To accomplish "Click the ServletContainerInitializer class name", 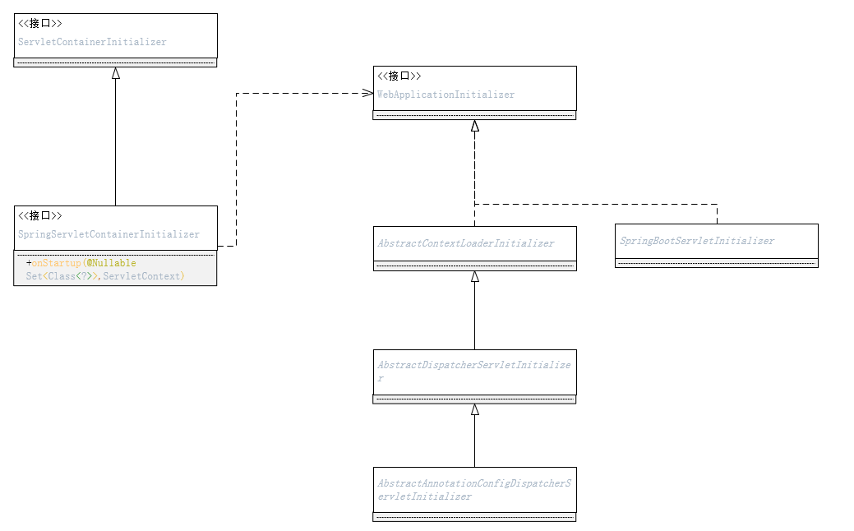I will pyautogui.click(x=92, y=42).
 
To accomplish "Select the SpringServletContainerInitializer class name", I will pyautogui.click(x=108, y=234).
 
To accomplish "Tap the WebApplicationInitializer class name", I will pyautogui.click(x=446, y=95).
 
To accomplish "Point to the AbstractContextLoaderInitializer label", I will pyautogui.click(x=465, y=243).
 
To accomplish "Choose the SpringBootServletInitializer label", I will pyautogui.click(x=697, y=241).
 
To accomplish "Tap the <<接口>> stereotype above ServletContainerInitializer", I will pyautogui.click(x=40, y=23).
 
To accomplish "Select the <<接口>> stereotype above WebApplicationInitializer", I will pyautogui.click(x=399, y=76).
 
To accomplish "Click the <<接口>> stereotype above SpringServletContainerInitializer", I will pyautogui.click(x=40, y=215).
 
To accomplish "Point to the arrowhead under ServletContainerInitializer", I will pyautogui.click(x=116, y=73).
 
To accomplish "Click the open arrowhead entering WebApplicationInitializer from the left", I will pyautogui.click(x=367, y=93).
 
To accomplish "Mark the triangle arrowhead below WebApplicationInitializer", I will pyautogui.click(x=474, y=126).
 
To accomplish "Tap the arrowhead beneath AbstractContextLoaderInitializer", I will pyautogui.click(x=474, y=277).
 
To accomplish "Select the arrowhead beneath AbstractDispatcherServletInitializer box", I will pyautogui.click(x=474, y=409).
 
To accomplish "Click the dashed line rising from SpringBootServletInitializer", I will pyautogui.click(x=717, y=214).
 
